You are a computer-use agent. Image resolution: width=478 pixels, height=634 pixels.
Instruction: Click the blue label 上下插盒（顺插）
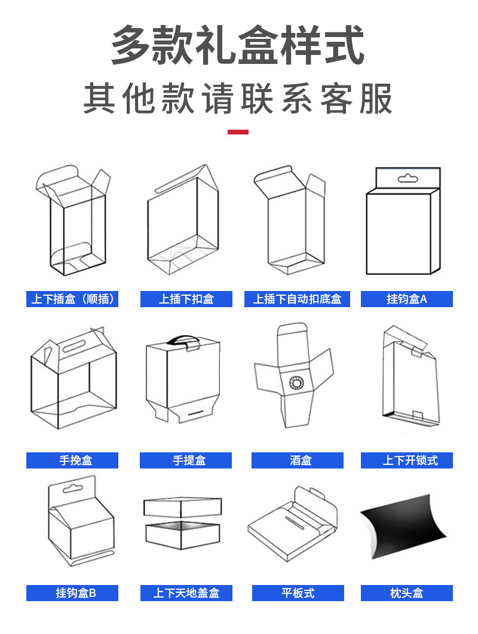click(x=72, y=299)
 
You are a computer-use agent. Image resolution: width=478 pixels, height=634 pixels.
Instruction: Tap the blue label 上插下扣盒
click(x=186, y=299)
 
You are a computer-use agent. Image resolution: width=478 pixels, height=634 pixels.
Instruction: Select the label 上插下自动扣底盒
click(x=297, y=299)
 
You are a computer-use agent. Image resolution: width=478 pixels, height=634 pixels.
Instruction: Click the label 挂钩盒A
click(x=406, y=299)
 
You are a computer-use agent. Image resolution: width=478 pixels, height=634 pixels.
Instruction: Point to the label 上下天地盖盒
click(x=186, y=593)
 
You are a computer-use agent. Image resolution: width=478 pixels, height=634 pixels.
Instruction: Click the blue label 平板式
click(x=298, y=593)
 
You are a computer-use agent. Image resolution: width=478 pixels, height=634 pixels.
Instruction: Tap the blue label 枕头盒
click(x=406, y=593)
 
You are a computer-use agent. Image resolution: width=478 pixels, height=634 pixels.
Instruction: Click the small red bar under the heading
click(x=238, y=131)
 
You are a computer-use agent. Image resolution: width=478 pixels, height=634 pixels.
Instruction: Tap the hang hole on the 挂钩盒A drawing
click(x=407, y=178)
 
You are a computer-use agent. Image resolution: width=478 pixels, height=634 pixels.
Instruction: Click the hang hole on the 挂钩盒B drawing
click(x=71, y=489)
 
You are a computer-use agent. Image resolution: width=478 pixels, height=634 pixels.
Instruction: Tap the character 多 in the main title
click(x=130, y=47)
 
